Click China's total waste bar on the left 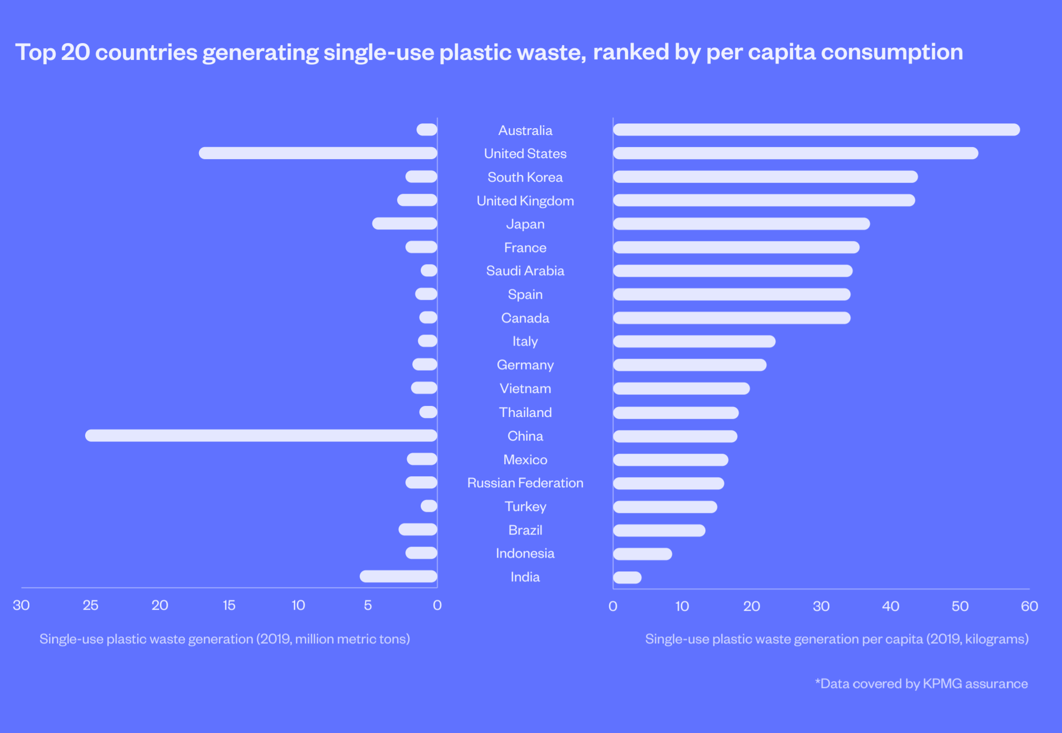click(261, 435)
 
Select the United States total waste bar click(318, 153)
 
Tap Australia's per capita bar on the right click(816, 130)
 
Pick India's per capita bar click(627, 578)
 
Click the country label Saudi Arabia click(525, 271)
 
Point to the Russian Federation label click(525, 483)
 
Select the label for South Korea click(525, 177)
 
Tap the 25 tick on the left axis click(90, 605)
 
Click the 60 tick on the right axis click(1029, 606)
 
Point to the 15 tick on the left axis click(229, 605)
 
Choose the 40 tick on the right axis click(890, 606)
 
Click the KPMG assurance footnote click(921, 684)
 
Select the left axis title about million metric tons click(224, 639)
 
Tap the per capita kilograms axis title click(836, 639)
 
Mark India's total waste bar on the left click(398, 577)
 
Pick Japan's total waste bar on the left click(404, 224)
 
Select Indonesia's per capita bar click(642, 554)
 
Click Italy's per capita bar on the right click(694, 341)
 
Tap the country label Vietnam click(525, 389)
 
